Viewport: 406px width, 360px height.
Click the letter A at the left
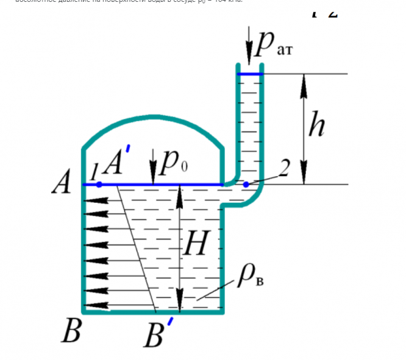point(62,182)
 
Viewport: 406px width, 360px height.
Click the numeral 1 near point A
point(94,173)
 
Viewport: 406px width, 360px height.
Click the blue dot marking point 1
point(99,184)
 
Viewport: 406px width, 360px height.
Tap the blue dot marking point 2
point(246,184)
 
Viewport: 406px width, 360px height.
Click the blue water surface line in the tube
point(250,74)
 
